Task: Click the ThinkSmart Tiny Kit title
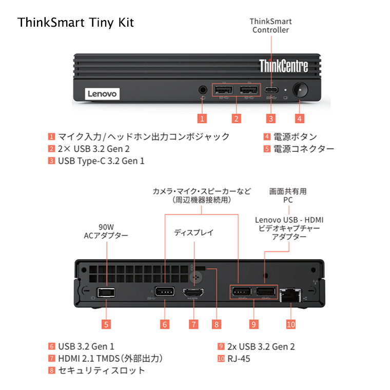75,23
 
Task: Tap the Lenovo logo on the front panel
102,94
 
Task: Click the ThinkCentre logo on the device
283,66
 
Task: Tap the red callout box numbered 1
203,119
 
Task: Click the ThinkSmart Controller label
270,26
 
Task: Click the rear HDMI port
194,293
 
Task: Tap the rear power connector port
106,292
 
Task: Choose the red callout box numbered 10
291,324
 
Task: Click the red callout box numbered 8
217,324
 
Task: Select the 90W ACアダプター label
106,231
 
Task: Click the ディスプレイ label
193,232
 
